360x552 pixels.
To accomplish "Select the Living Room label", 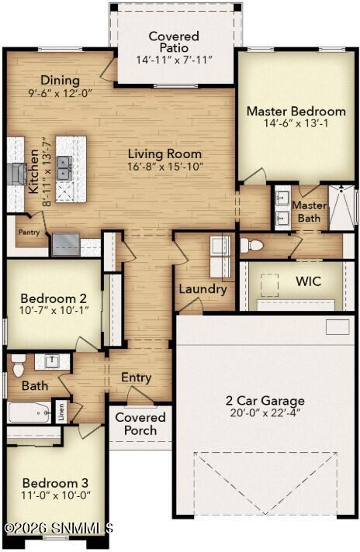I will [164, 154].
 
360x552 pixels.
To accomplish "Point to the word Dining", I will [61, 81].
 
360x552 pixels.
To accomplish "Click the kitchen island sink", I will [64, 167].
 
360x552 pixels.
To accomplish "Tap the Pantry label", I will [28, 231].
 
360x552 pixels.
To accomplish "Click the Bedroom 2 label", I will [47, 298].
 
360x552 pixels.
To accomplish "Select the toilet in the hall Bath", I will [19, 367].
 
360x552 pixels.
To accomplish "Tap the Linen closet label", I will [61, 412].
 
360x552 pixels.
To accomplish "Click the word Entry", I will [137, 378].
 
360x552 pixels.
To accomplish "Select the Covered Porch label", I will [140, 424].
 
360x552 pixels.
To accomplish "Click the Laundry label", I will [202, 289].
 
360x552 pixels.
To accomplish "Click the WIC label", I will [308, 281].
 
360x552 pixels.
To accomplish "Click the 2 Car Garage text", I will [265, 401].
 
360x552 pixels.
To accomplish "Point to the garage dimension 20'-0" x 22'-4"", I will [265, 414].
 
